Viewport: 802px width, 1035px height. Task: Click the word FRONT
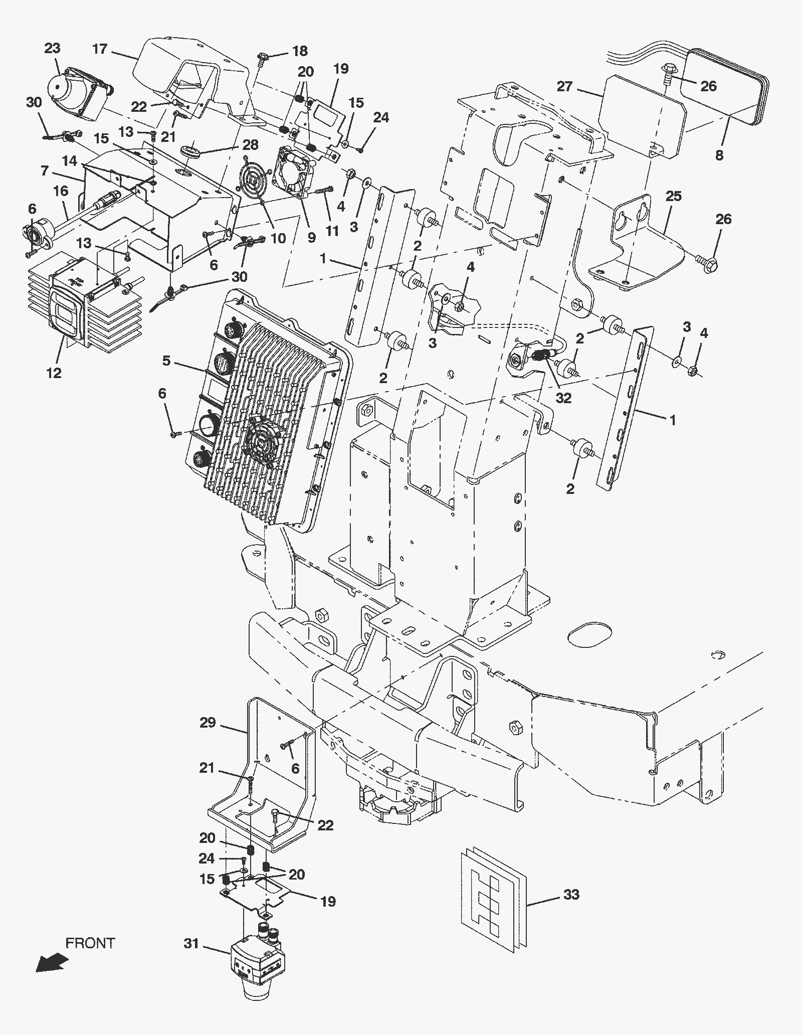point(90,943)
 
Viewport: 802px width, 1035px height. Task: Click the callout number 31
point(192,943)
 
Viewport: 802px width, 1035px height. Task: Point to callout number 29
point(208,723)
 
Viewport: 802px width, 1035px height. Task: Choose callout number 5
point(166,360)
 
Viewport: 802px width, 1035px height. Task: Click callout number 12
point(54,373)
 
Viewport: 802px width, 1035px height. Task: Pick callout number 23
point(53,48)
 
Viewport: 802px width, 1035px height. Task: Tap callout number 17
point(100,49)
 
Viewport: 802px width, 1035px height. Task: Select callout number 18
point(300,51)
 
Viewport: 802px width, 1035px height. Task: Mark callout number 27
point(564,86)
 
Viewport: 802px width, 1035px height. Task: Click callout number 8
point(719,155)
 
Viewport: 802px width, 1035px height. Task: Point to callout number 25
point(674,196)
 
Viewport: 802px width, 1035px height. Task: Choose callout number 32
point(564,398)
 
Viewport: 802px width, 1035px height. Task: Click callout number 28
point(250,145)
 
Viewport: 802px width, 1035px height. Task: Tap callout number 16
point(61,191)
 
